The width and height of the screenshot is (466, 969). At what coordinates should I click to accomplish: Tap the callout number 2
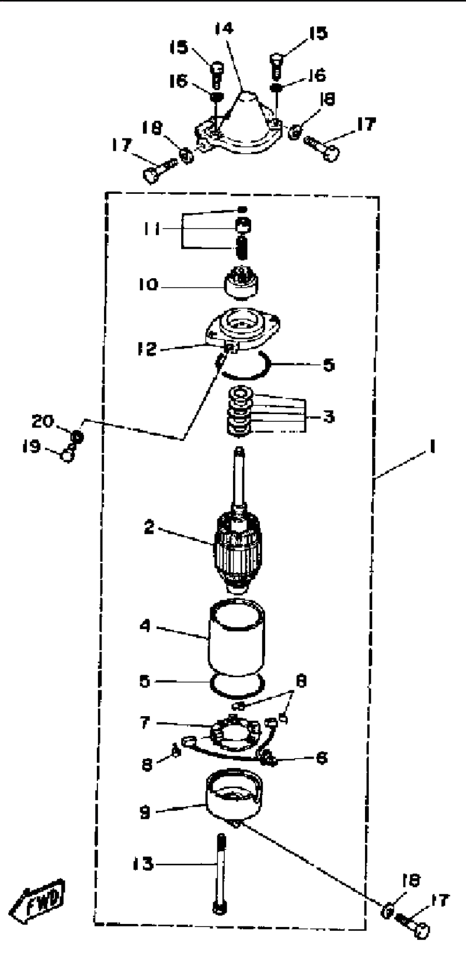149,528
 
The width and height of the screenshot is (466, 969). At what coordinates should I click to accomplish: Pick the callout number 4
145,626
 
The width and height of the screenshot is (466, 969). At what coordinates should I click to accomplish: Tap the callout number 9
145,813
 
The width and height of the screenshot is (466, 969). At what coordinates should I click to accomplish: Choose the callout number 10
148,284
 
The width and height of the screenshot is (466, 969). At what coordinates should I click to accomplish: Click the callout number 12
147,348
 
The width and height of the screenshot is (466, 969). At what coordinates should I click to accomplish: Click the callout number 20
42,421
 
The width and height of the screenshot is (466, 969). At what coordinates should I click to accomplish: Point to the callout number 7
145,723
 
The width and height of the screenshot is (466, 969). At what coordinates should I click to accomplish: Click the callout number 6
321,758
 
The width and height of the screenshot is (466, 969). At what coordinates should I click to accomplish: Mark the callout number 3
329,416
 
